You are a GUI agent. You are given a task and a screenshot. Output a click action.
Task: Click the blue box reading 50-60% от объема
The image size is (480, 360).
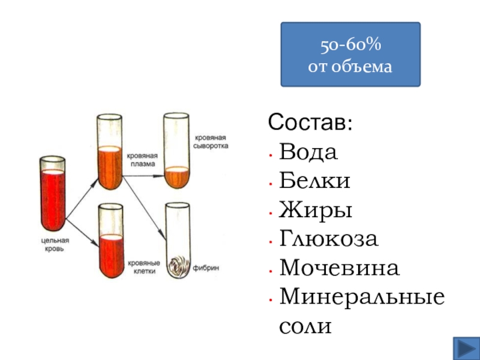click(350, 54)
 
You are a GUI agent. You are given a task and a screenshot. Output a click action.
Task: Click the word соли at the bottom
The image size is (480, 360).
click(305, 326)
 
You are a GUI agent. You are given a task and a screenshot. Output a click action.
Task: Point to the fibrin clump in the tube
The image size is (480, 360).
click(178, 265)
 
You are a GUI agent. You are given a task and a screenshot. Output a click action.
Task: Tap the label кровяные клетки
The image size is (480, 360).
click(143, 266)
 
